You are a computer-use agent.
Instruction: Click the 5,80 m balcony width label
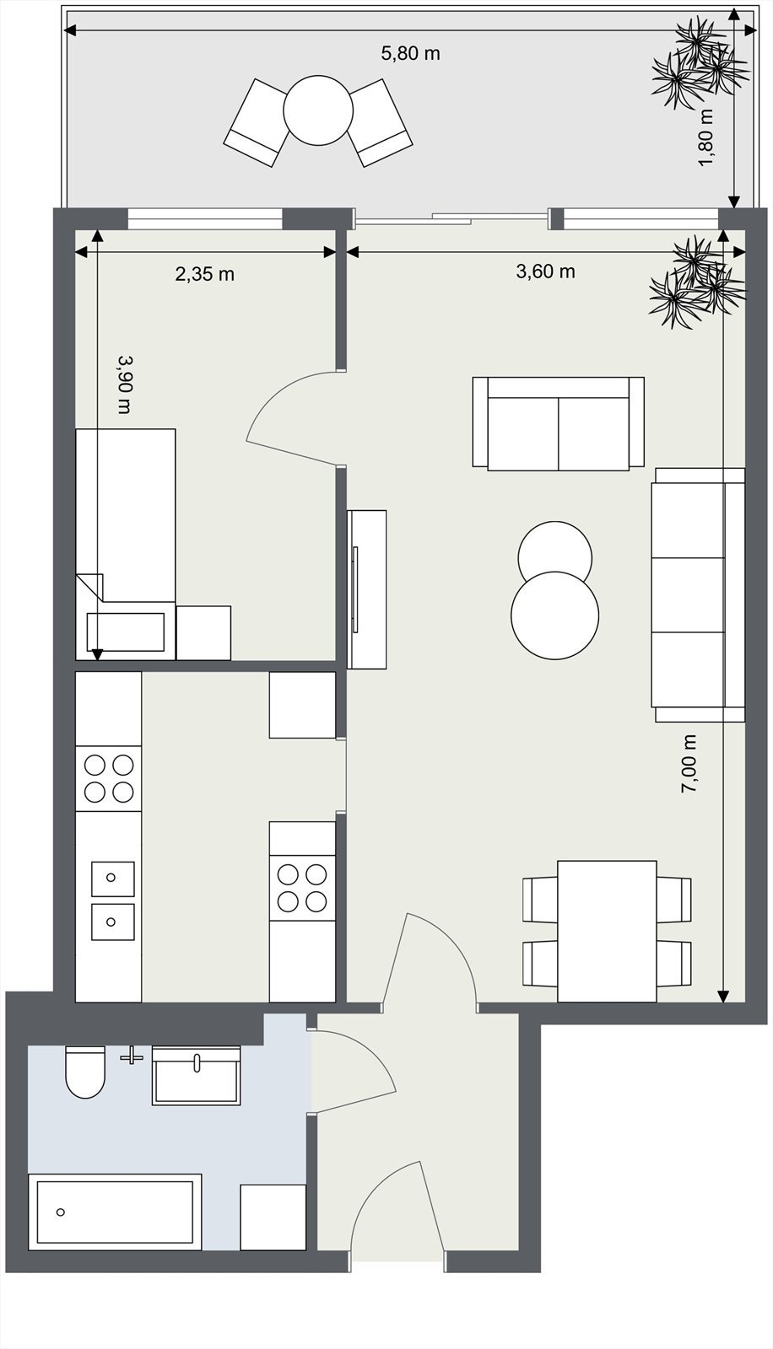click(x=410, y=54)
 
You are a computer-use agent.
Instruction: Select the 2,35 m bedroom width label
click(x=204, y=274)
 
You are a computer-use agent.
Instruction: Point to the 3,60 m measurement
click(x=545, y=271)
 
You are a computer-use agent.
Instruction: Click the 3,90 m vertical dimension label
click(x=125, y=384)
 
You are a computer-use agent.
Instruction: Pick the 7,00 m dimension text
click(x=689, y=764)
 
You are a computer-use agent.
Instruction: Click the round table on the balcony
click(x=317, y=110)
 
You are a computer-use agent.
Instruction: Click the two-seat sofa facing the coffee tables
click(x=558, y=422)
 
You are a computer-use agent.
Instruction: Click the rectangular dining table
click(x=607, y=931)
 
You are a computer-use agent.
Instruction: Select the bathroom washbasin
click(x=196, y=1076)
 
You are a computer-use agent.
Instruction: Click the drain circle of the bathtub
click(x=61, y=1212)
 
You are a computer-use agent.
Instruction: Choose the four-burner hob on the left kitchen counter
click(x=109, y=778)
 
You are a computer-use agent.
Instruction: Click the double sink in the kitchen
click(x=112, y=900)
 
